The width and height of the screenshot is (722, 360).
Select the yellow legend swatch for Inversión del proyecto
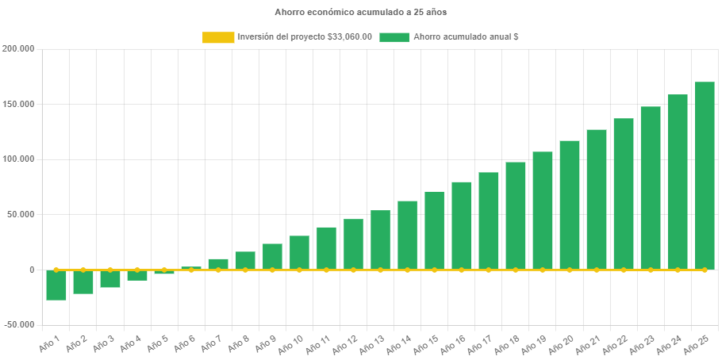pyautogui.click(x=218, y=37)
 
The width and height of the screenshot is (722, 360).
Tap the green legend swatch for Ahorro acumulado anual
pyautogui.click(x=394, y=37)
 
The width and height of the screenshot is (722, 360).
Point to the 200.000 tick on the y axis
pyautogui.click(x=18, y=49)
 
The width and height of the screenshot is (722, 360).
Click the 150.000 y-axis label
pyautogui.click(x=18, y=105)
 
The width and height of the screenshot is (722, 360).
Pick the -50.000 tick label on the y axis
pyautogui.click(x=18, y=325)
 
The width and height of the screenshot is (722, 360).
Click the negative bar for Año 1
pyautogui.click(x=56, y=285)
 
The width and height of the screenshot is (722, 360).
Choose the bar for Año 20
pyautogui.click(x=570, y=205)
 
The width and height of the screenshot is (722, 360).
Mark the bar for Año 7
pyautogui.click(x=218, y=264)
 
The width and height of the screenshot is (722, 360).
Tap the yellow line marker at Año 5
pyautogui.click(x=164, y=270)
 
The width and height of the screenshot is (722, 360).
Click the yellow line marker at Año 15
pyautogui.click(x=434, y=270)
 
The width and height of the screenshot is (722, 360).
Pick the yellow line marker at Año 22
pyautogui.click(x=624, y=270)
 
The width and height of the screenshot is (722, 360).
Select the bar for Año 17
pyautogui.click(x=489, y=221)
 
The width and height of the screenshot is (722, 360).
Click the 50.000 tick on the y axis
pyautogui.click(x=21, y=215)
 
